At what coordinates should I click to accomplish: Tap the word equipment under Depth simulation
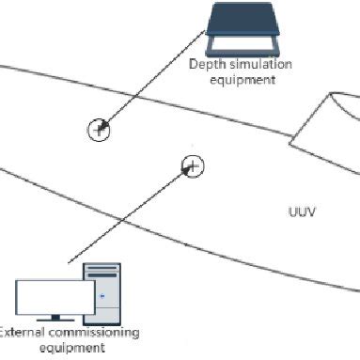click(243, 80)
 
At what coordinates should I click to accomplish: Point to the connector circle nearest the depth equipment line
click(99, 130)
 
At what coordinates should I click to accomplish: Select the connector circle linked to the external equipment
click(192, 167)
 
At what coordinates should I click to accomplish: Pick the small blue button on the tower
click(100, 300)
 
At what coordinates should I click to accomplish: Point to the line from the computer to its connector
click(132, 215)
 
